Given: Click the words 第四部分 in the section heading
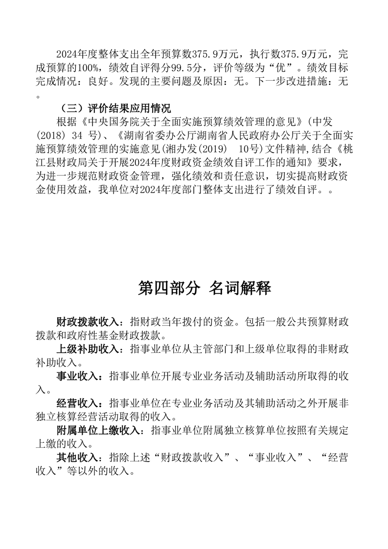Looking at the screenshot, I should tap(169, 288).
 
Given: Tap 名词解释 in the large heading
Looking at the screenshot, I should tap(240, 288).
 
